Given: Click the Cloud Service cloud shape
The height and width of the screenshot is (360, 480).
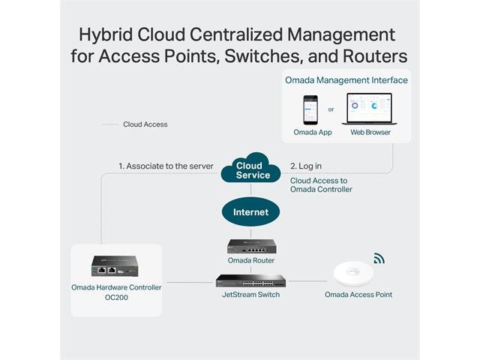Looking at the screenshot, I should click(250, 170).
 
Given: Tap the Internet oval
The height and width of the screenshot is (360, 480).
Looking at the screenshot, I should click(250, 212).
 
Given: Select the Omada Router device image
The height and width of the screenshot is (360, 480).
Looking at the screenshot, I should click(251, 245).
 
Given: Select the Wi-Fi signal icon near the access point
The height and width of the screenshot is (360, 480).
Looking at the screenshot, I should click(379, 259).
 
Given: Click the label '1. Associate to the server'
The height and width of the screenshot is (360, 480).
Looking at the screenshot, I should click(166, 166).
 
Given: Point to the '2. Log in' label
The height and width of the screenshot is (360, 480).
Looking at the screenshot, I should click(305, 166).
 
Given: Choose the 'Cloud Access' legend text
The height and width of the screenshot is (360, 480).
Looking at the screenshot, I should click(145, 124).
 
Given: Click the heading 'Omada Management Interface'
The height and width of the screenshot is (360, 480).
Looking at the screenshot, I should click(346, 79).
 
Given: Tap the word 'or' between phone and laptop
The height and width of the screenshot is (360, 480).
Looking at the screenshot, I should click(331, 109).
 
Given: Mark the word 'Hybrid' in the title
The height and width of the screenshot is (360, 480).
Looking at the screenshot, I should click(113, 35).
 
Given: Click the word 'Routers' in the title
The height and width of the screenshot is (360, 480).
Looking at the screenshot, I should click(370, 56).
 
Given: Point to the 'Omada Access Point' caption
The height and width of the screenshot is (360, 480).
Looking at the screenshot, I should click(358, 295).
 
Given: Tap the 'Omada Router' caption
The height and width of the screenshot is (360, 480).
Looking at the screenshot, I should click(251, 260).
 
